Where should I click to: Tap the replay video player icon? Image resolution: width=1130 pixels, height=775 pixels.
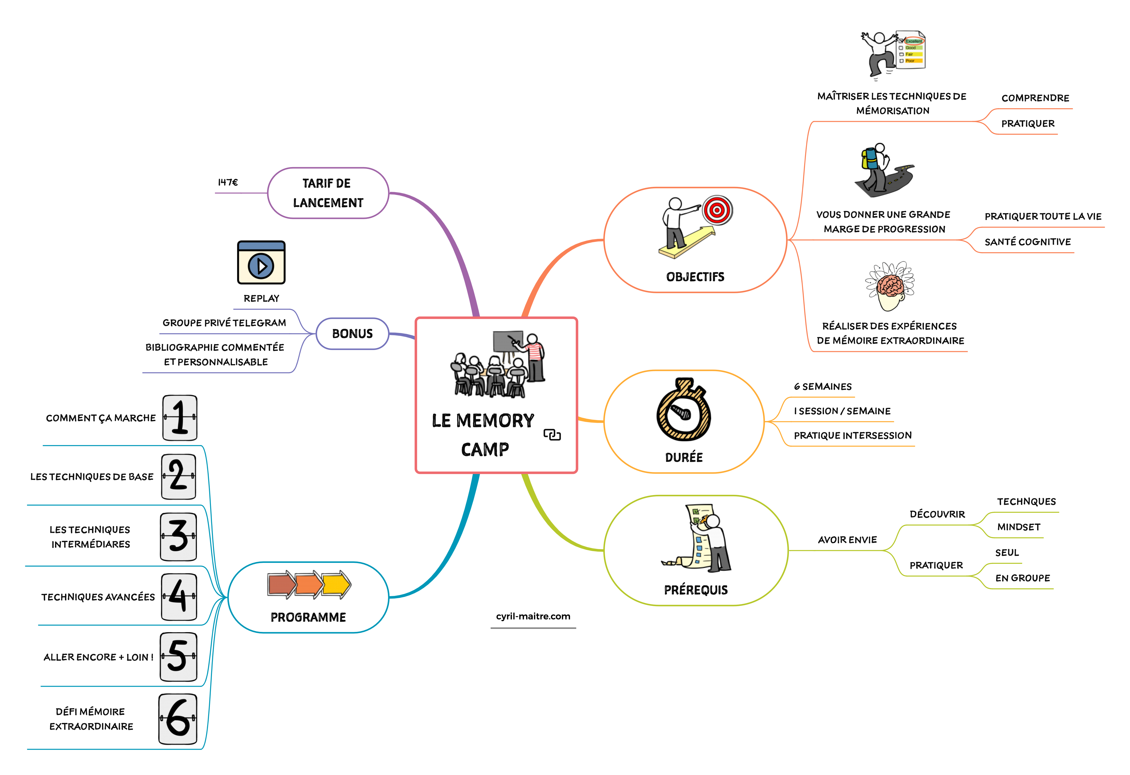tap(261, 263)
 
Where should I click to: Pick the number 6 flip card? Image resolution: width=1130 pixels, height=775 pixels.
tap(178, 719)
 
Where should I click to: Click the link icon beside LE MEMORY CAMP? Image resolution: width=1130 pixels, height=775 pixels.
tap(552, 434)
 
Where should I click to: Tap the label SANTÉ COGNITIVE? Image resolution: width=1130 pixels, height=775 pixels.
tap(1027, 242)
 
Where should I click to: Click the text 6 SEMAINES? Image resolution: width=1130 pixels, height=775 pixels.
tap(823, 386)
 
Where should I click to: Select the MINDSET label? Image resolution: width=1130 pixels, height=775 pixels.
tap(1019, 527)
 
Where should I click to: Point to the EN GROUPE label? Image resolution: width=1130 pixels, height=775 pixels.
tap(1023, 578)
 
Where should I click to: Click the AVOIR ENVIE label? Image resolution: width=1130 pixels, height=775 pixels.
tap(847, 540)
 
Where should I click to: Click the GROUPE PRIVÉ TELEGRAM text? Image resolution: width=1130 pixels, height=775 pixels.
tap(224, 323)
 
